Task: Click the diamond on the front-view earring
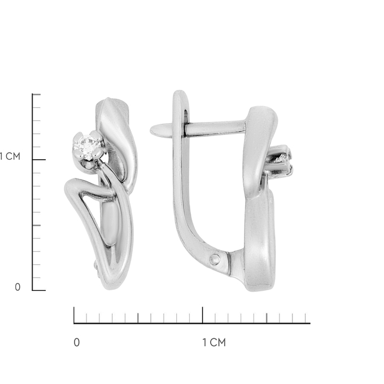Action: pyautogui.click(x=88, y=146)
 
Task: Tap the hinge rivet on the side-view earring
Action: pyautogui.click(x=215, y=259)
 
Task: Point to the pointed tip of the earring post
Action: pyautogui.click(x=151, y=129)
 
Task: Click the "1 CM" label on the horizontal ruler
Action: pyautogui.click(x=214, y=342)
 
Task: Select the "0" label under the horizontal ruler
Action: pyautogui.click(x=77, y=342)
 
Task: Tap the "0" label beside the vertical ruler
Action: pyautogui.click(x=18, y=287)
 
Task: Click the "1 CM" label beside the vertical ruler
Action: pyautogui.click(x=10, y=156)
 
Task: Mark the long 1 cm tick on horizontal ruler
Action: pyautogui.click(x=203, y=315)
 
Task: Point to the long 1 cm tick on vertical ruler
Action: pyautogui.click(x=39, y=160)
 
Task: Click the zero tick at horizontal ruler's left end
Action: pyautogui.click(x=74, y=315)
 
